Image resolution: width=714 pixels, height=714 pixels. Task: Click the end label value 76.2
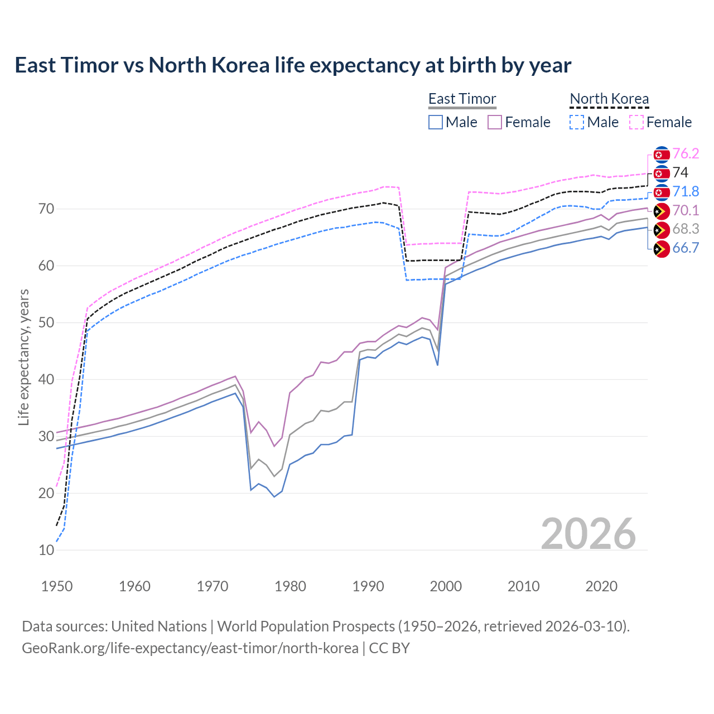[x=686, y=153]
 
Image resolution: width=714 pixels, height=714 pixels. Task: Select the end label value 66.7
[x=686, y=248]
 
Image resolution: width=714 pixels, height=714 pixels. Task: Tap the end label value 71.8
[x=686, y=191]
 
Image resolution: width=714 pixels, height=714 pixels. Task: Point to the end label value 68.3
[x=686, y=229]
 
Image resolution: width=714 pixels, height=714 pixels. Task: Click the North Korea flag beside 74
[x=662, y=173]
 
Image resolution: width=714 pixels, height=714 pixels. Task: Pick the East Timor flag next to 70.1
[x=662, y=211]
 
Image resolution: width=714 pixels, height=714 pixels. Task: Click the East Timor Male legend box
[x=436, y=122]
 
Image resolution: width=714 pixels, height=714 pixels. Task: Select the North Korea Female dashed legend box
[x=636, y=122]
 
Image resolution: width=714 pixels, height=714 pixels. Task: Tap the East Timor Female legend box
[x=495, y=122]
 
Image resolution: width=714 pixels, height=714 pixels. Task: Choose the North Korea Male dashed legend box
[x=577, y=122]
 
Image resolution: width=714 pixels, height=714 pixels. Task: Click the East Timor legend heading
[x=462, y=99]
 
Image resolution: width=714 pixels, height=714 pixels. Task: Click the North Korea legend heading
[x=609, y=99]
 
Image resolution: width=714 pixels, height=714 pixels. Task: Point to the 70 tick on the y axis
[x=46, y=209]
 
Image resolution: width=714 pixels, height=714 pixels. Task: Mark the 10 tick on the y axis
[x=46, y=550]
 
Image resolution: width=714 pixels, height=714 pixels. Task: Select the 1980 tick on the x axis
[x=291, y=586]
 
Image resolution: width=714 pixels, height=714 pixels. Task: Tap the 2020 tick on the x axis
[x=601, y=586]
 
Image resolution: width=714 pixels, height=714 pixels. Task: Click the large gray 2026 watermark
[x=588, y=534]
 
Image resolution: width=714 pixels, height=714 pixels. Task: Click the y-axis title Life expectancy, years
[x=23, y=357]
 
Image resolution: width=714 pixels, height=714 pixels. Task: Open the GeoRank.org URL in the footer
[x=190, y=648]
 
